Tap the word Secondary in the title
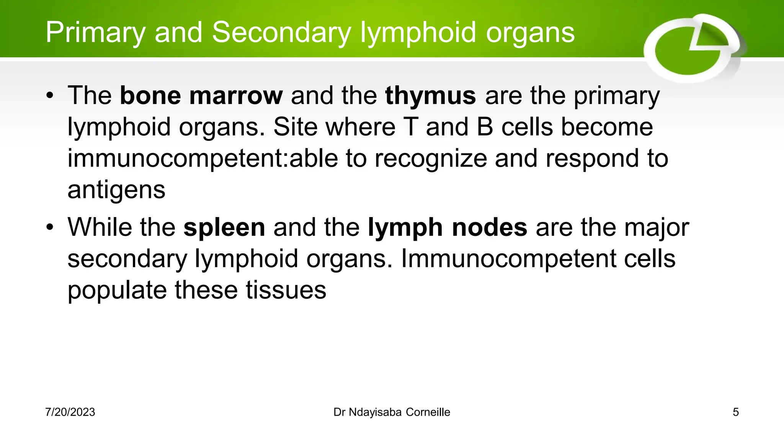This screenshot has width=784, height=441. (281, 33)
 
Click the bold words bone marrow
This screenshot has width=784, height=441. (201, 95)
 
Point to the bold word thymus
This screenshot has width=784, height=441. (431, 95)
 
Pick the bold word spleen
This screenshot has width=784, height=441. (224, 227)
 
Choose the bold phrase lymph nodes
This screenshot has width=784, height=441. (448, 227)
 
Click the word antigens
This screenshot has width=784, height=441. (116, 190)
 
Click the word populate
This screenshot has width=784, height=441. (117, 290)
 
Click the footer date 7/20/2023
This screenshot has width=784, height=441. (70, 412)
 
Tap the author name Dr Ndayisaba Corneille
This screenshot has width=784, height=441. (392, 412)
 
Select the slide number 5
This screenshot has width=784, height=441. (735, 412)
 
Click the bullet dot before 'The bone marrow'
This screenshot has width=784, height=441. (50, 96)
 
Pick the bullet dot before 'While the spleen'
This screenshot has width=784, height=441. (50, 227)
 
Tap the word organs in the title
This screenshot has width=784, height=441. (530, 33)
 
